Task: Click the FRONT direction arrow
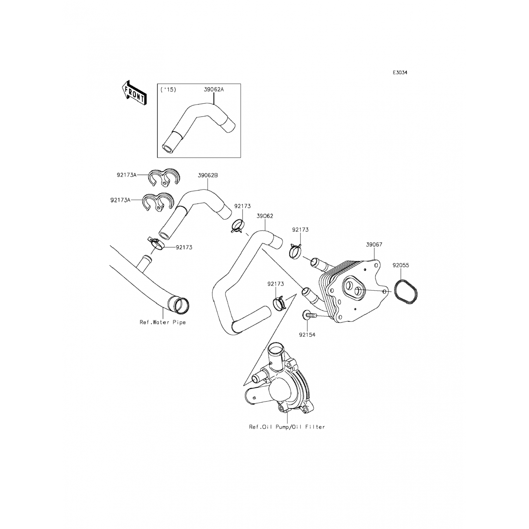click(133, 92)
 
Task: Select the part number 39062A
click(214, 90)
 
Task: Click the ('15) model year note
click(168, 90)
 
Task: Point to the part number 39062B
click(208, 175)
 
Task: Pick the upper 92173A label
click(126, 174)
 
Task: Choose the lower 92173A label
click(120, 200)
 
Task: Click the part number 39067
click(374, 244)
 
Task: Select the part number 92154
click(307, 335)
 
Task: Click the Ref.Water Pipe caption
click(163, 322)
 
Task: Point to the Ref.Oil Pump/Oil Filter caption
click(287, 427)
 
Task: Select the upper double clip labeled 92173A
click(164, 177)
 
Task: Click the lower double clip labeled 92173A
click(157, 202)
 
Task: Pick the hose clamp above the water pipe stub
click(156, 243)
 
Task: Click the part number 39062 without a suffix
click(265, 216)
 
